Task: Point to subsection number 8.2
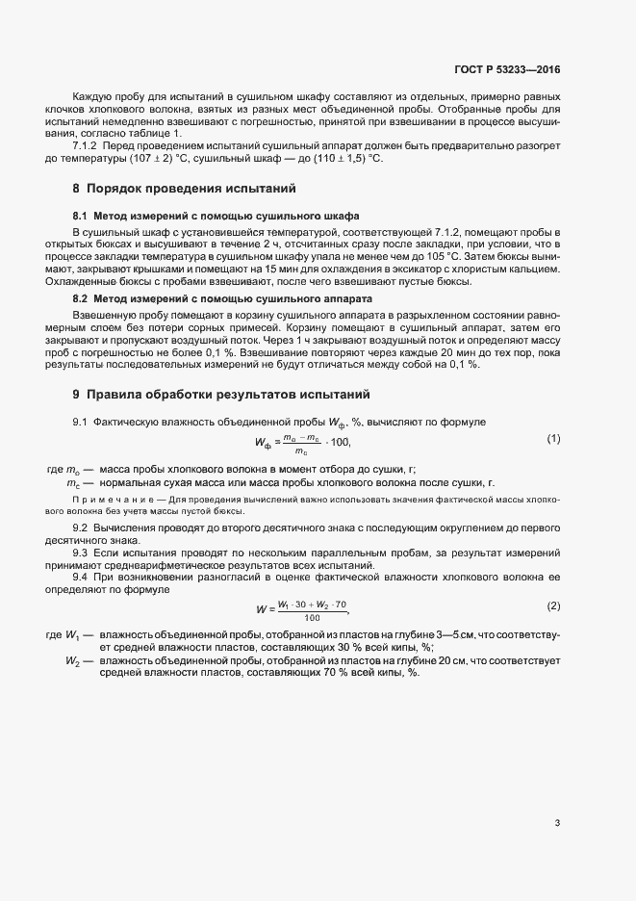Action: coord(81,300)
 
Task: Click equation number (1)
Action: coord(553,439)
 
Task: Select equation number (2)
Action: coord(553,605)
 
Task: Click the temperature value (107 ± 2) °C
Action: coord(130,158)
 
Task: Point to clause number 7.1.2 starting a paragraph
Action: coord(85,145)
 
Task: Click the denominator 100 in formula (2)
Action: coord(311,617)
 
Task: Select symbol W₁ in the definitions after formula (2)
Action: coord(74,637)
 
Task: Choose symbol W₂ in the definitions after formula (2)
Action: coord(74,660)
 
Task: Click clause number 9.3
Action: coord(81,556)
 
